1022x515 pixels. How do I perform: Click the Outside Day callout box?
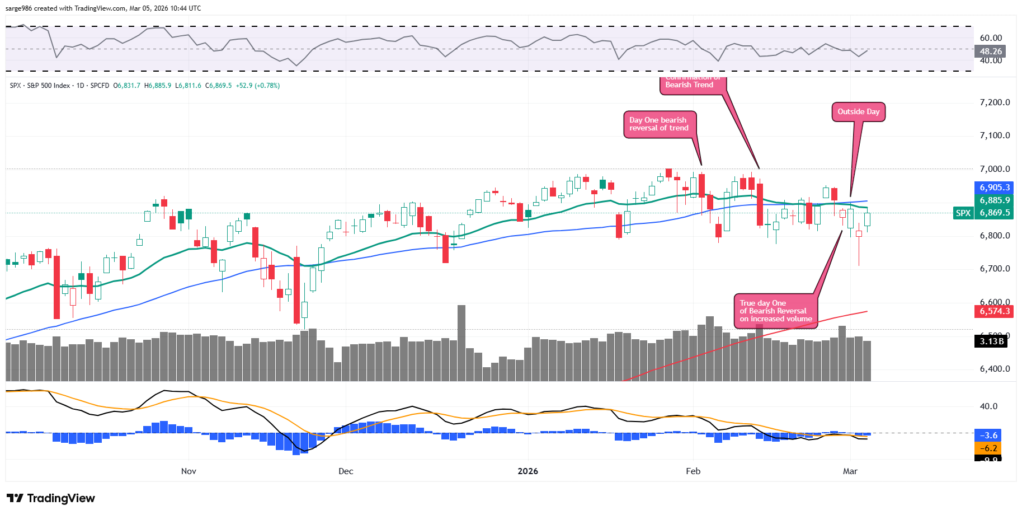[x=858, y=112]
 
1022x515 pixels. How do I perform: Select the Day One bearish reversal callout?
[x=659, y=124]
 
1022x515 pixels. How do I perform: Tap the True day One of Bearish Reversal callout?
[x=775, y=311]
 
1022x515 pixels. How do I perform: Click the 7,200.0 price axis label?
[x=995, y=102]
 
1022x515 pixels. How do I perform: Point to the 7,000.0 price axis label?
[x=995, y=169]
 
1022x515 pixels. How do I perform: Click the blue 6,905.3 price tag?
[x=994, y=188]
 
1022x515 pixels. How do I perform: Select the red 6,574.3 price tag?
[x=994, y=311]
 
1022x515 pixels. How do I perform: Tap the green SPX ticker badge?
[x=963, y=213]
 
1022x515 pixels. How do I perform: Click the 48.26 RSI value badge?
[x=990, y=52]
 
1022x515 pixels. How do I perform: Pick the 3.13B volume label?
[x=991, y=341]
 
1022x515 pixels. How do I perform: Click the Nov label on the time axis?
[x=189, y=471]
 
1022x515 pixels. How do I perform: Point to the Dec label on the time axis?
[x=346, y=471]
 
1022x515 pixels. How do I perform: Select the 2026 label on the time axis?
[x=528, y=471]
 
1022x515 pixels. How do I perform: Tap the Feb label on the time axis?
[x=693, y=471]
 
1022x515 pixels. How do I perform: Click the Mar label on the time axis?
[x=850, y=471]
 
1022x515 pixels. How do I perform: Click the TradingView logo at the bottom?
[x=51, y=498]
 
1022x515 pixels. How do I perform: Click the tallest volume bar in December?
[x=461, y=343]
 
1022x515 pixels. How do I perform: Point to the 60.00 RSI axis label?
[x=991, y=38]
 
